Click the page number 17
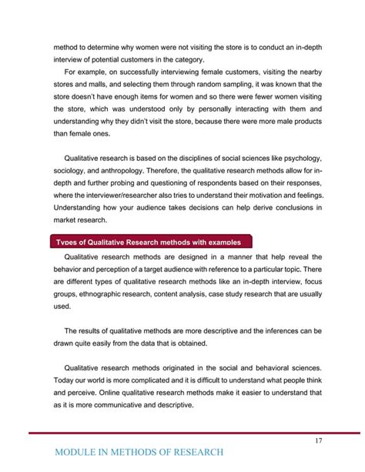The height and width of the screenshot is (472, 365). click(x=317, y=440)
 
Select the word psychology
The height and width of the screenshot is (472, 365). click(x=300, y=160)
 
